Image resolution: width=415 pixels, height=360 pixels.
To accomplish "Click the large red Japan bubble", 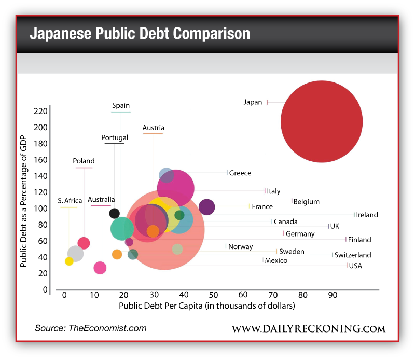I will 322,121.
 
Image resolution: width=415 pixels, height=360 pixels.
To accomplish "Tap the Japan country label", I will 253,102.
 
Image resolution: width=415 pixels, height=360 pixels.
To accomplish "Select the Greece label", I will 240,173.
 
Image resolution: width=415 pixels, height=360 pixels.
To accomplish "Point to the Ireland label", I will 367,215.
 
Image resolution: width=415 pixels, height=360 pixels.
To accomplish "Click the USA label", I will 355,266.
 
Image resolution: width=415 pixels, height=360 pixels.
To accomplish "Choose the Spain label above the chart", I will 121,106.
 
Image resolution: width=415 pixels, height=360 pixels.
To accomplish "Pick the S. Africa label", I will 70,201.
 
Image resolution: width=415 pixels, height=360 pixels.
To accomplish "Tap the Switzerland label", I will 353,255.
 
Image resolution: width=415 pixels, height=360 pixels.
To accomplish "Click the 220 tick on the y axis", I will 40,111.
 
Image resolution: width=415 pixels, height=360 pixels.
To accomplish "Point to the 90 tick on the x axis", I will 333,295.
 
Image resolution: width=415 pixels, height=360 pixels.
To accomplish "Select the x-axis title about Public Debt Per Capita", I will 207,306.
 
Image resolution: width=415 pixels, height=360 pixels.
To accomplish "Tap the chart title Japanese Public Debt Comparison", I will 140,34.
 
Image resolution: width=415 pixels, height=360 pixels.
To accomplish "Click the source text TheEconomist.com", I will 90,328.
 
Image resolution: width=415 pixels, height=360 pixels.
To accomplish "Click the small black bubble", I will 115,213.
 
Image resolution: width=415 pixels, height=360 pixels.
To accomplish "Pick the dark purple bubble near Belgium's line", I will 206,206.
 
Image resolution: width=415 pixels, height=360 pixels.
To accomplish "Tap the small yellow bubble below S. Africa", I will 69,261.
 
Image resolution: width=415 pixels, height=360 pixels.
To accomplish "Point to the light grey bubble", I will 75,254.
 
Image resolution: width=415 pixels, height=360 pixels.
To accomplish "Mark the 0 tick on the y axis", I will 46,289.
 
